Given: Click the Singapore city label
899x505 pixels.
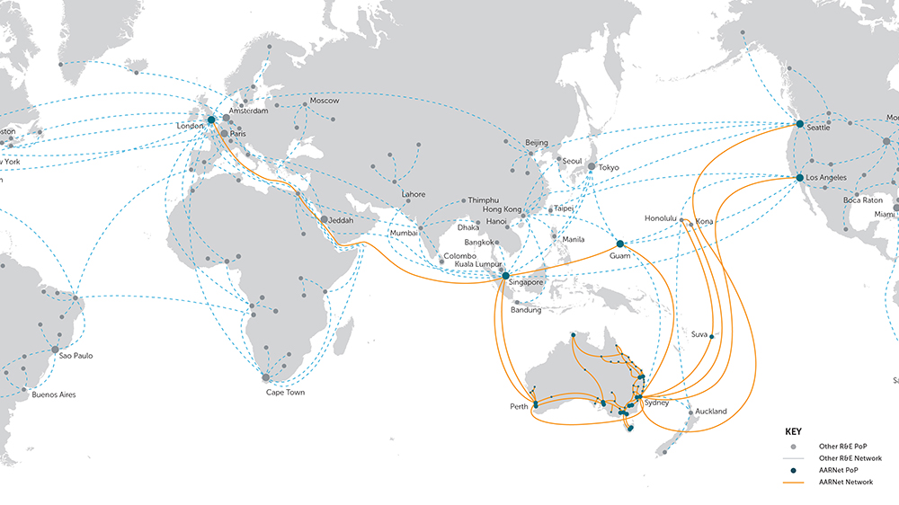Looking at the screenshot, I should (526, 282).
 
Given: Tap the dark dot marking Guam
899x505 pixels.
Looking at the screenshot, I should (620, 244).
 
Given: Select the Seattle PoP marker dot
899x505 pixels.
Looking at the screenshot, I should (799, 124).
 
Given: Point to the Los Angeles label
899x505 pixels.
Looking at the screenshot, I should (827, 178).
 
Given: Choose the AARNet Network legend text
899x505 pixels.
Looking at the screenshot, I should (845, 483).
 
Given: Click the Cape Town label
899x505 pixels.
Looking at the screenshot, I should (285, 393).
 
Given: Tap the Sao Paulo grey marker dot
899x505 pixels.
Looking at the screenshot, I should (55, 350).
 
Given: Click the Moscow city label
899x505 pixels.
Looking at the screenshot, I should (325, 101).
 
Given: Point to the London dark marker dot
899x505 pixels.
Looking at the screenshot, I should (211, 120).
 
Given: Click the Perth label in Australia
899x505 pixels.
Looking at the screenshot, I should (519, 406).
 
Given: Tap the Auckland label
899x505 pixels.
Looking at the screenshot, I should (710, 412).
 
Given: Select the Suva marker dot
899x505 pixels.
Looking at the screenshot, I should (711, 337).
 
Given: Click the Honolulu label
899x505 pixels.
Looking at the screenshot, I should (663, 218).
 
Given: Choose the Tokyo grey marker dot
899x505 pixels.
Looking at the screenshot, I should (591, 167).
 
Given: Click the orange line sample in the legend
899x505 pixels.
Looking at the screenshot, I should (794, 483).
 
